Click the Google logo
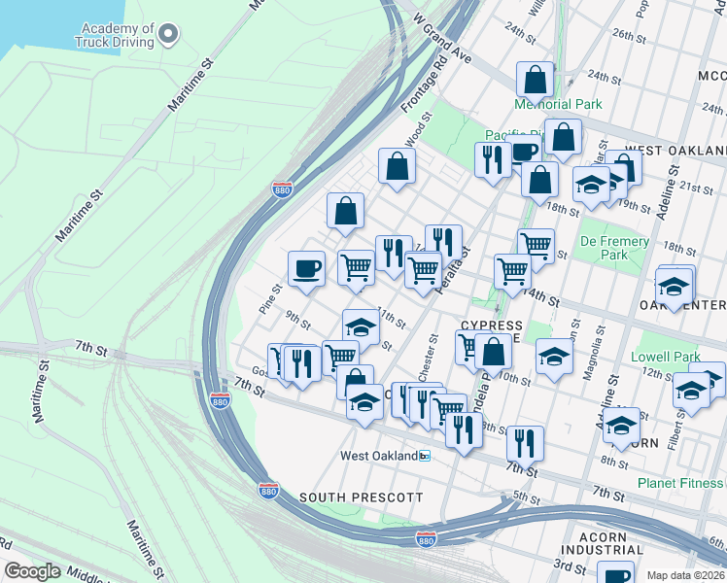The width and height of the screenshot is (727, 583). point(32,571)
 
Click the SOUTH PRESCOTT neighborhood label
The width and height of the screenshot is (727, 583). point(361,497)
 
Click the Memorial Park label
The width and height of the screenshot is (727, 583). point(558,104)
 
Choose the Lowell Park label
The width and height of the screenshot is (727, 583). point(665,357)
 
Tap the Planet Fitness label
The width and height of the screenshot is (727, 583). point(681,483)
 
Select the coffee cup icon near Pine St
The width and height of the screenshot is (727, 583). point(306,268)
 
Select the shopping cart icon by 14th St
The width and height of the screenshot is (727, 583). point(512,272)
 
